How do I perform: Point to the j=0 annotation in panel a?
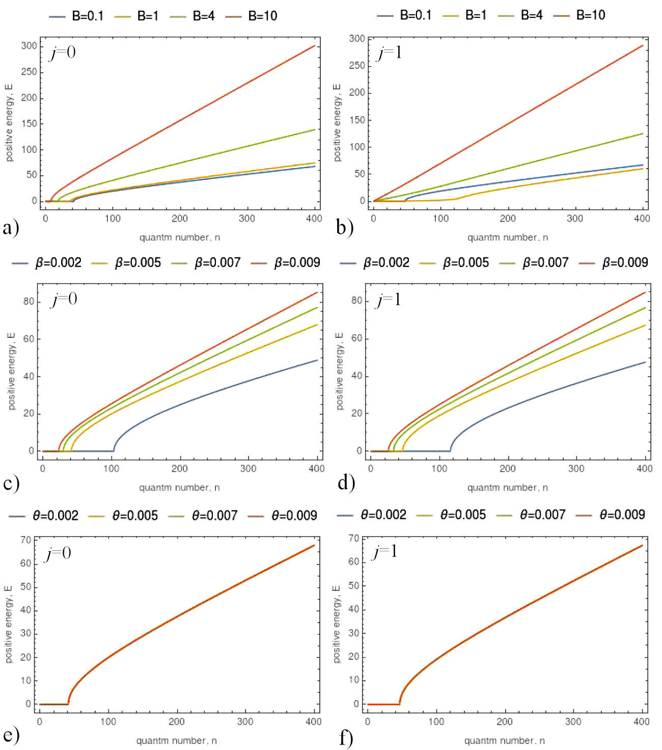coord(63,52)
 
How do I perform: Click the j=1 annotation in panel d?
coord(389,300)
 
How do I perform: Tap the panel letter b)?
coord(345,228)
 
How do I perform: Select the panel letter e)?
coord(11,735)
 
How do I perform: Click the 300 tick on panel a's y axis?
coord(29,46)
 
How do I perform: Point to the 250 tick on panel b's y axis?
coord(357,66)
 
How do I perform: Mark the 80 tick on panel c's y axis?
coord(29,302)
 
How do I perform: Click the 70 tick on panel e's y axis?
coord(25,540)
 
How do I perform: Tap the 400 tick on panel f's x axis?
coord(641,721)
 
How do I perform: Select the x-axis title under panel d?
coord(507,488)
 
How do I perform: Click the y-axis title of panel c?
coord(12,371)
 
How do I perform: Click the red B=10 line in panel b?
coord(509,123)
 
